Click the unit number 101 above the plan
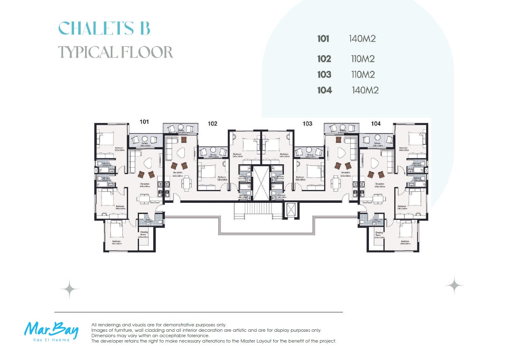144,122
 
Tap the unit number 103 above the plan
307,123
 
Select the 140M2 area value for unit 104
365,90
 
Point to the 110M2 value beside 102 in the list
363,59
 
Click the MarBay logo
51,329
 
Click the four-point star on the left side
69,289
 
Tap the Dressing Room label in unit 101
144,233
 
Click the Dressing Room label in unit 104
379,234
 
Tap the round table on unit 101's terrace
145,140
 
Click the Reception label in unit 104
379,183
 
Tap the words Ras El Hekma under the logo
51,340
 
